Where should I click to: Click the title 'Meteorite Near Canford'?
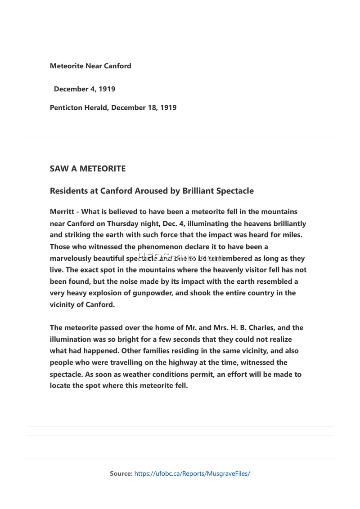tap(90, 66)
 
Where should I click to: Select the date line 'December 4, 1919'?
tap(84, 89)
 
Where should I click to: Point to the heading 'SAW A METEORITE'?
tap(88, 169)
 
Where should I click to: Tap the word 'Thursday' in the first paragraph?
tap(121, 223)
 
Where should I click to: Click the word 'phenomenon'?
tap(160, 246)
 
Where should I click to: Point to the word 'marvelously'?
tap(70, 259)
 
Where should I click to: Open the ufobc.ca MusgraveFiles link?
tap(192, 473)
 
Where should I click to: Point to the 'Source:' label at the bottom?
tap(121, 473)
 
